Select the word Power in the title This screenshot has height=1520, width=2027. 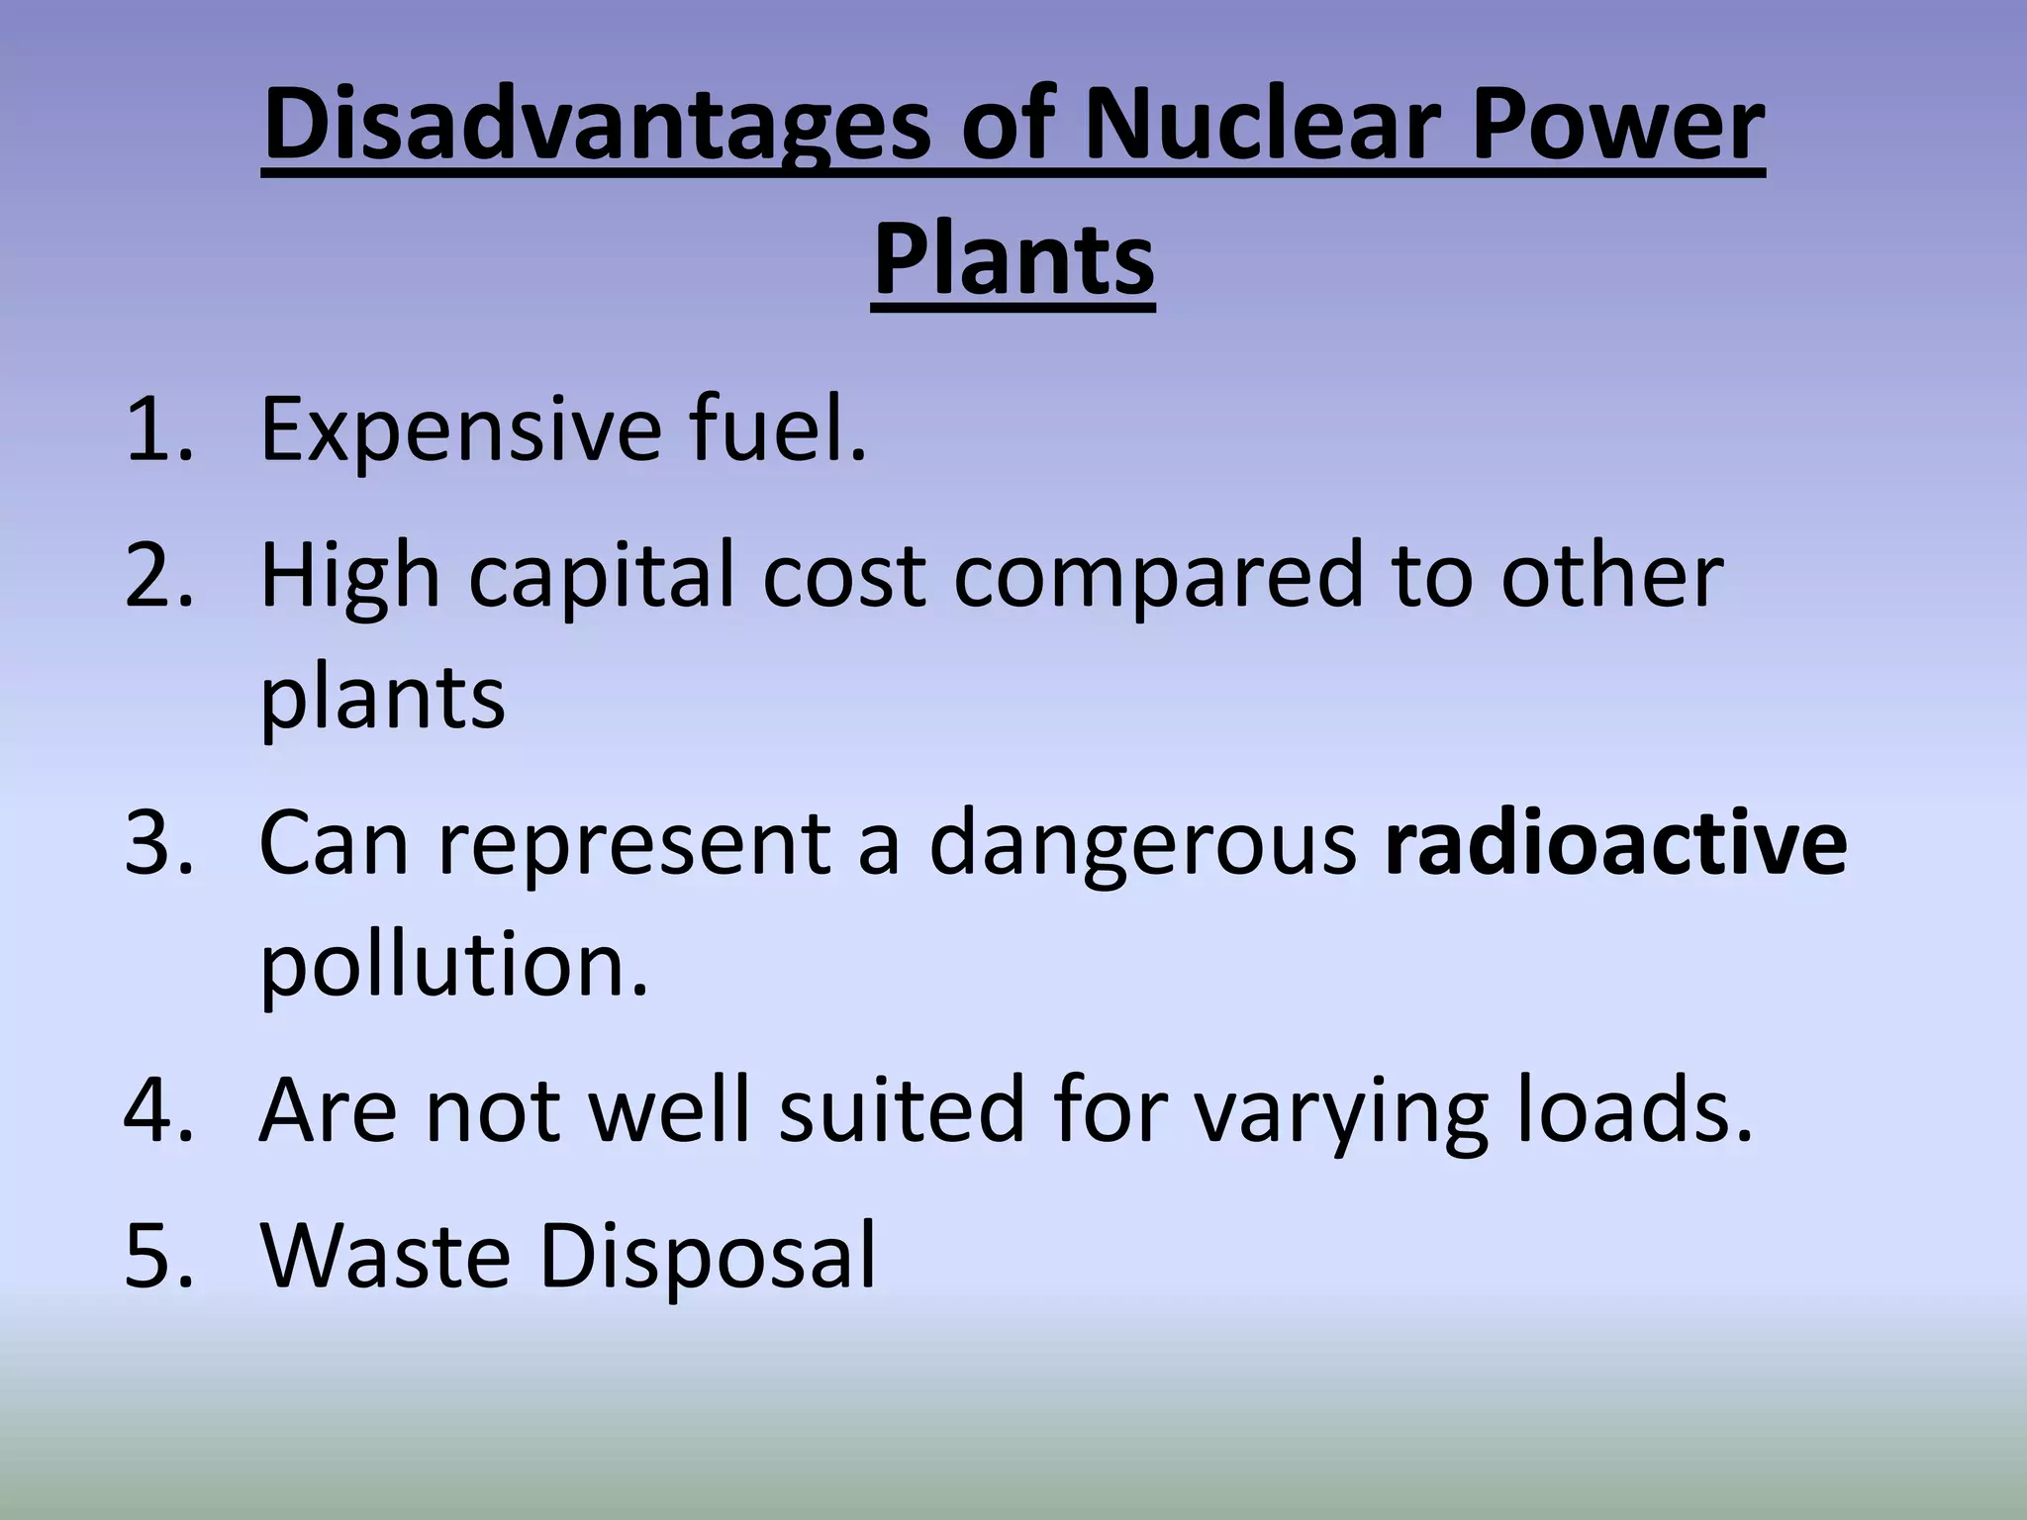(x=1617, y=126)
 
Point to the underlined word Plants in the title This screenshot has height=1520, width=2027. (x=1013, y=260)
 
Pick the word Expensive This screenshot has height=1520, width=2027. (x=460, y=430)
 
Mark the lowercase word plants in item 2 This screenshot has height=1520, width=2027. (x=382, y=699)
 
